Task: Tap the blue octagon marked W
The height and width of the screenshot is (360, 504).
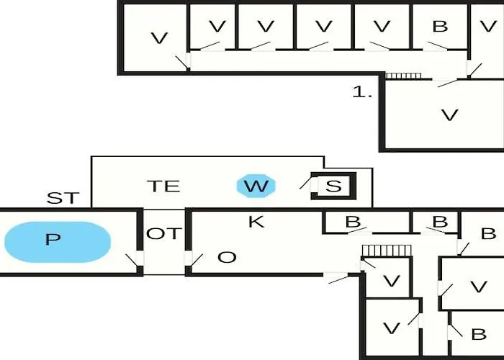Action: pyautogui.click(x=255, y=186)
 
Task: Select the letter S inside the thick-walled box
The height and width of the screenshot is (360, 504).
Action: pyautogui.click(x=333, y=186)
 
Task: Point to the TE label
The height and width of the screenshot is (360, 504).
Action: pyautogui.click(x=163, y=186)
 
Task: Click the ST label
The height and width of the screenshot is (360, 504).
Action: pyautogui.click(x=63, y=198)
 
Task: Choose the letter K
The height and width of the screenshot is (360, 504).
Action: pyautogui.click(x=256, y=222)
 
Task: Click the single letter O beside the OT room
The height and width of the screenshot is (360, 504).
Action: pyautogui.click(x=226, y=257)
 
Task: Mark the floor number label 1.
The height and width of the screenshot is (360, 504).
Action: pyautogui.click(x=362, y=92)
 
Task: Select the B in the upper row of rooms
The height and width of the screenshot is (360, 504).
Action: pyautogui.click(x=440, y=27)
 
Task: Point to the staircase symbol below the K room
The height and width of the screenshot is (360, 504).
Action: pyautogui.click(x=385, y=249)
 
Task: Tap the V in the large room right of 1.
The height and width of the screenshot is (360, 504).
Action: pyautogui.click(x=449, y=114)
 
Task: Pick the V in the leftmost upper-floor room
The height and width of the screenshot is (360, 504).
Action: pyautogui.click(x=159, y=38)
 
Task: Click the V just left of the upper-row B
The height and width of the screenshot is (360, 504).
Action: pyautogui.click(x=382, y=27)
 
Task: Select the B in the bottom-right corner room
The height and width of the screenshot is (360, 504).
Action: pyautogui.click(x=478, y=334)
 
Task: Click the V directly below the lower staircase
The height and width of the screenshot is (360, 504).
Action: pyautogui.click(x=391, y=281)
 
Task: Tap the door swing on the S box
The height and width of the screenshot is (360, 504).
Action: pyautogui.click(x=307, y=184)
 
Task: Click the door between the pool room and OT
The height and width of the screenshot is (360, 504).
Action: pyautogui.click(x=134, y=261)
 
